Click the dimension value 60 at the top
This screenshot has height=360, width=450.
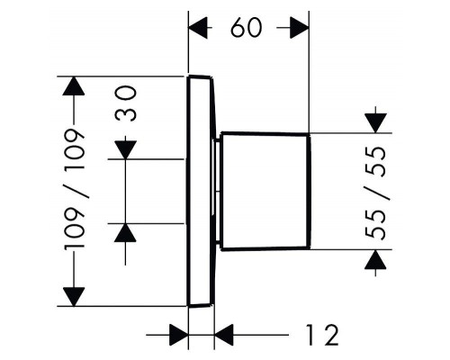click(x=247, y=28)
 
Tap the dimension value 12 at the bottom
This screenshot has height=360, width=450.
click(x=322, y=335)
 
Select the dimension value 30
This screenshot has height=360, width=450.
click(x=126, y=103)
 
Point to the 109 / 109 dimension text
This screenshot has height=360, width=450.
click(x=75, y=189)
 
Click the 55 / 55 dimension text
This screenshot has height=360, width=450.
click(x=375, y=193)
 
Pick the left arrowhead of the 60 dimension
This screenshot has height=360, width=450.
click(x=198, y=28)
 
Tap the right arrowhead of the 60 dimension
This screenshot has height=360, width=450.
click(x=300, y=28)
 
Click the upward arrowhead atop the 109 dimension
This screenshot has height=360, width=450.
click(x=74, y=86)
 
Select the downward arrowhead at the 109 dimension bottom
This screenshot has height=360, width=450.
click(x=74, y=297)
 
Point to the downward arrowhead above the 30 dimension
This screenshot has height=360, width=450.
click(x=125, y=149)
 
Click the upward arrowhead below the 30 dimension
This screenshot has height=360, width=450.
click(x=125, y=233)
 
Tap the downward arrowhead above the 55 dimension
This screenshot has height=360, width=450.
click(x=375, y=123)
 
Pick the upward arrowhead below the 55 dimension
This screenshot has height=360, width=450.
click(x=375, y=259)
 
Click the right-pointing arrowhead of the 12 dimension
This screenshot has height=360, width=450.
click(x=179, y=335)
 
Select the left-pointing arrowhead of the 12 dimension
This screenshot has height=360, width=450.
click(x=224, y=335)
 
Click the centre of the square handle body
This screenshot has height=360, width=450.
click(x=265, y=192)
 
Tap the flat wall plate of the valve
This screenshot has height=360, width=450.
click(x=201, y=191)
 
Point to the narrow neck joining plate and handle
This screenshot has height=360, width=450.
click(x=216, y=192)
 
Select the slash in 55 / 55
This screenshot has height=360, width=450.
click(x=377, y=193)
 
